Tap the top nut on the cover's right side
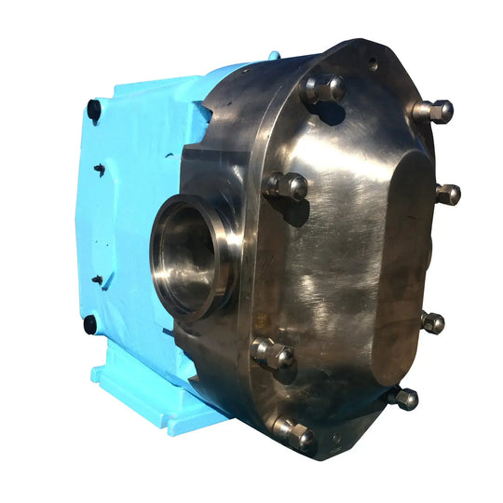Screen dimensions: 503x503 [x=433, y=111]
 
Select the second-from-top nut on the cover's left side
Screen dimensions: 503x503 [x=287, y=186]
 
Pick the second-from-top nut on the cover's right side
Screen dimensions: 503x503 [x=448, y=195]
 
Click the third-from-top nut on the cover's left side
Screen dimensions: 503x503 [x=272, y=353]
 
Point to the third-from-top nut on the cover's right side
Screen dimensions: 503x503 [x=432, y=322]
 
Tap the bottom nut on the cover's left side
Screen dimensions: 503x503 [x=294, y=433]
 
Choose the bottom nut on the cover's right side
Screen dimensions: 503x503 [x=405, y=399]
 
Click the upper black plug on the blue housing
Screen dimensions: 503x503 [x=93, y=109]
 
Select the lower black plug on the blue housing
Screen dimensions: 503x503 [x=90, y=324]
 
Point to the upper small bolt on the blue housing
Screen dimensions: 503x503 [x=99, y=170]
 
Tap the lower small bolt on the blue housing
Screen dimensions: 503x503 [x=96, y=279]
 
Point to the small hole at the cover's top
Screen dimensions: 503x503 [x=372, y=66]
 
